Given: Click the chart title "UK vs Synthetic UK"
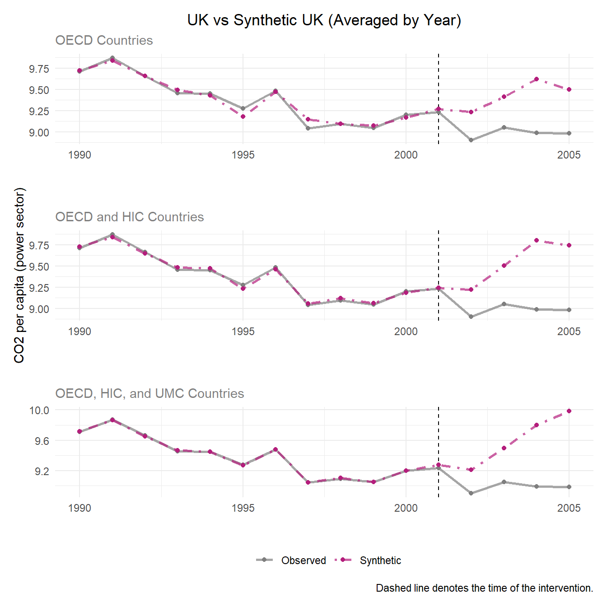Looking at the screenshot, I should [x=324, y=20].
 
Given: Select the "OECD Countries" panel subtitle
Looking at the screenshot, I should [x=104, y=40].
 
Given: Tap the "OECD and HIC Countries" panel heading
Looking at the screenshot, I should [x=129, y=217].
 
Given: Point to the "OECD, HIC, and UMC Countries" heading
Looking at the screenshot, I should [x=149, y=393].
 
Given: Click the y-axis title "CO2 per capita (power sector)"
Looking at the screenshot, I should [x=19, y=275].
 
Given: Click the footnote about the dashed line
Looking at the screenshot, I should [x=484, y=588].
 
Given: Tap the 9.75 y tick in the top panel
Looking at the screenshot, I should [x=39, y=69].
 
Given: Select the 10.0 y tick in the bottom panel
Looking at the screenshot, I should [x=39, y=410].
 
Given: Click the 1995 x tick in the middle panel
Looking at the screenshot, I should [x=243, y=332].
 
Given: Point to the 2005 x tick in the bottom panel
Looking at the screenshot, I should [x=569, y=508].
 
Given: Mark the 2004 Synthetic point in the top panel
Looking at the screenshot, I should [x=537, y=79].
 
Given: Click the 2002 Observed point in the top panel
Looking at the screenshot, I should [x=471, y=140].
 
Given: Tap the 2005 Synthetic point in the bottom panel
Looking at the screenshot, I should [x=569, y=411].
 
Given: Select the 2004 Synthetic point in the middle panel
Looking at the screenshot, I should [x=537, y=240].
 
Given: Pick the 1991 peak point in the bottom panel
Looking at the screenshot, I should [x=112, y=420].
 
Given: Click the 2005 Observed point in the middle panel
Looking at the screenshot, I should [x=569, y=310].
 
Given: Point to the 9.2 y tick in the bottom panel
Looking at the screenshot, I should [x=42, y=471].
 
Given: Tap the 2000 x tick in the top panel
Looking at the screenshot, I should [x=406, y=155].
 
